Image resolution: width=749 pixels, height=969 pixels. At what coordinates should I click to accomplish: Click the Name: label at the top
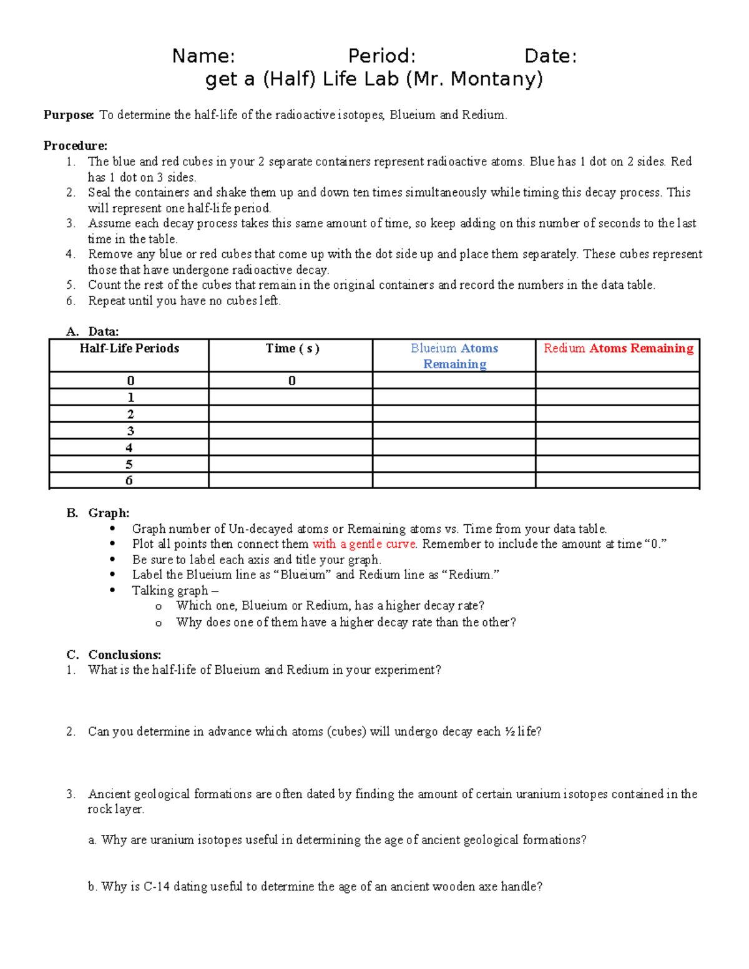coord(203,56)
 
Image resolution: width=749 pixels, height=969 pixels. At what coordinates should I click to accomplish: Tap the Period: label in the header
coord(381,56)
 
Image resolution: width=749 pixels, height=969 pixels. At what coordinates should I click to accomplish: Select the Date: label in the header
coord(551,56)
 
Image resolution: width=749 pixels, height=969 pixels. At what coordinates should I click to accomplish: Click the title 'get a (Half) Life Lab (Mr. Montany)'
coord(374,79)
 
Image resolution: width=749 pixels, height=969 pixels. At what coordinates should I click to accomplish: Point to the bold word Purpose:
coord(69,115)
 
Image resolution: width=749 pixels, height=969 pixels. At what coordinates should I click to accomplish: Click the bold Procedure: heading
coord(76,146)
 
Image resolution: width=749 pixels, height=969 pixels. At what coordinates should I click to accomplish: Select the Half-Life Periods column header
coord(129,349)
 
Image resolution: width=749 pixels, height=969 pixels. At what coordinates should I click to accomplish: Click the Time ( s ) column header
coord(292,349)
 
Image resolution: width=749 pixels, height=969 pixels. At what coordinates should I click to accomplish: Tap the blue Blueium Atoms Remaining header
coord(454,356)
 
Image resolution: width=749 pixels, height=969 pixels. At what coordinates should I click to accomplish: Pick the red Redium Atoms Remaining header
coord(618,349)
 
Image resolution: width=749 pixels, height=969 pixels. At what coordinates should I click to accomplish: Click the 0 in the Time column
coord(291,381)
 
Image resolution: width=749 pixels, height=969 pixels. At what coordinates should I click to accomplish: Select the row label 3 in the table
coord(130,431)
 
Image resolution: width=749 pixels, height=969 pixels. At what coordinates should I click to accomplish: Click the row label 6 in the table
coord(129,480)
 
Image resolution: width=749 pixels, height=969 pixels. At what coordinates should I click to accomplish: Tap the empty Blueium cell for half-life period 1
coord(454,397)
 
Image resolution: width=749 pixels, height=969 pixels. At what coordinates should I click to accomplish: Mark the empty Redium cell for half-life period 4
coord(617,447)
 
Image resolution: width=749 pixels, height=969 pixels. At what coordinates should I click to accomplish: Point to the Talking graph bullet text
coord(175,590)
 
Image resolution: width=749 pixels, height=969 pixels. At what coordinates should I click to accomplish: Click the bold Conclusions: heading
coord(125,655)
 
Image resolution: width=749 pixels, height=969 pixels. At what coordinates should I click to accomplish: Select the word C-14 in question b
coord(157,887)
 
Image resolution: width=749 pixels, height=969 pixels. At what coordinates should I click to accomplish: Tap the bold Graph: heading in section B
coord(109,513)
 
